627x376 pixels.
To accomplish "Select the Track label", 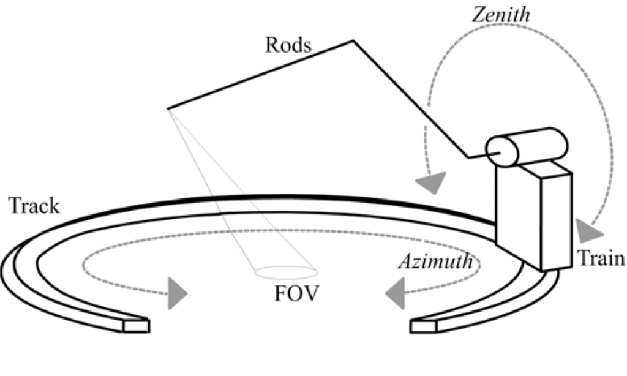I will pos(34,206).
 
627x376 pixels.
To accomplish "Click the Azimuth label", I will pos(435,262).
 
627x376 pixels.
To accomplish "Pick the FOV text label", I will pos(298,295).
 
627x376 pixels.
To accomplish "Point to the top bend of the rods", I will pos(353,41).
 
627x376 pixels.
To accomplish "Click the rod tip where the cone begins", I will pos(167,109).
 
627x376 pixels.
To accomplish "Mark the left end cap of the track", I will pos(135,326).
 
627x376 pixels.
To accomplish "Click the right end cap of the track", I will pos(422,326).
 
